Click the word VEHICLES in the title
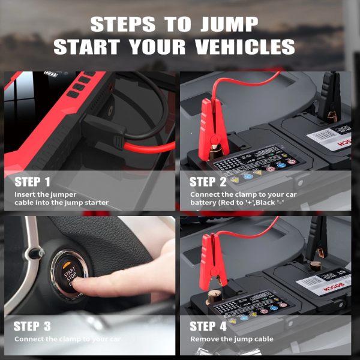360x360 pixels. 238,47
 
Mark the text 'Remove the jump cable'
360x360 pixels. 232,340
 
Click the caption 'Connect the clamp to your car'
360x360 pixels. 67,340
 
